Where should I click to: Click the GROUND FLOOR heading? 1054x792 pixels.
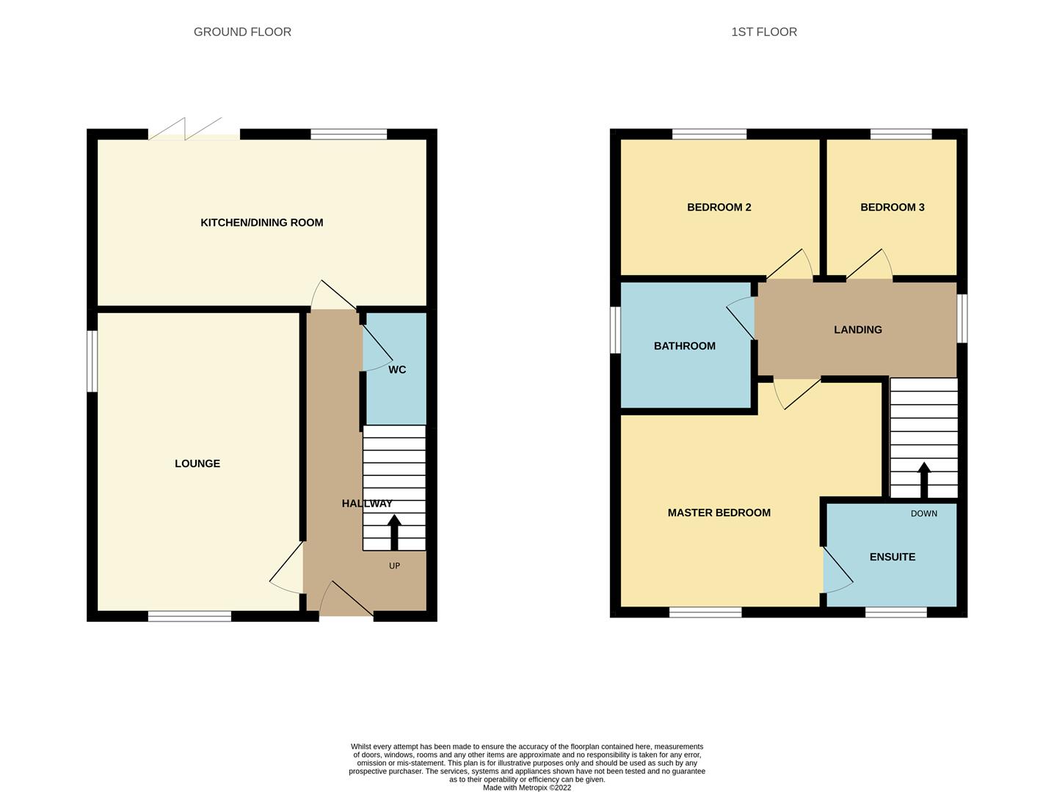(x=242, y=32)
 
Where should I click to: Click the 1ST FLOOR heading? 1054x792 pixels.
(x=763, y=32)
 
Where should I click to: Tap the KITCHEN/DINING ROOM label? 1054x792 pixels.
(x=262, y=223)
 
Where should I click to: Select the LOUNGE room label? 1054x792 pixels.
(x=197, y=463)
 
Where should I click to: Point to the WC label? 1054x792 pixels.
(x=397, y=370)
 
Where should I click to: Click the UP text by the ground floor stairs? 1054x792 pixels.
(x=394, y=565)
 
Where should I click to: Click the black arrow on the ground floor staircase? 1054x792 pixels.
(x=394, y=532)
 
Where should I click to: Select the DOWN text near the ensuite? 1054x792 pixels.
(x=924, y=513)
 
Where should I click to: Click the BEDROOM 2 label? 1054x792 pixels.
(x=719, y=208)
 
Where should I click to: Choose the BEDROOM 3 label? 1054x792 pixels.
(x=892, y=208)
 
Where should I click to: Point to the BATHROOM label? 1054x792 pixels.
(x=684, y=346)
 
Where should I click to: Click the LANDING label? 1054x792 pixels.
(x=857, y=330)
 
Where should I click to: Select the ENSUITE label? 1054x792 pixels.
(x=892, y=557)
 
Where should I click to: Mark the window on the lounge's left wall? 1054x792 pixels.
(x=92, y=361)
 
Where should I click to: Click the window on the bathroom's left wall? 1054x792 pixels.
(x=616, y=329)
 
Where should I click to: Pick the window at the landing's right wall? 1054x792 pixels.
(x=962, y=318)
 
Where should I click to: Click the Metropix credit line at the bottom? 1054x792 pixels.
(x=526, y=788)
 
